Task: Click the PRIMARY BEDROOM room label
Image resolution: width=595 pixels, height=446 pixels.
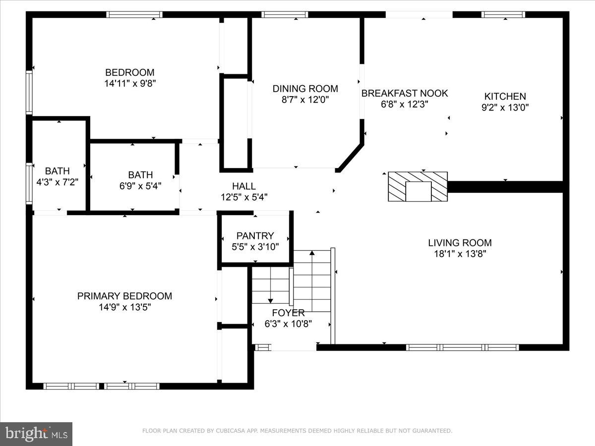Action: (x=124, y=296)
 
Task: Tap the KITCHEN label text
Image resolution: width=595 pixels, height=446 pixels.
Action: (x=505, y=97)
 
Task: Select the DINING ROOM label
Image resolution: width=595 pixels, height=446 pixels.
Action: (x=305, y=89)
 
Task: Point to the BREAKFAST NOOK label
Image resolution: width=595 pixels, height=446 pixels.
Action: (x=404, y=93)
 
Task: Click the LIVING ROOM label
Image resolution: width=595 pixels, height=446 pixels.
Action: (x=460, y=243)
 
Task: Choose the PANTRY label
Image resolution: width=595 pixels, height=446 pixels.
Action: (x=255, y=236)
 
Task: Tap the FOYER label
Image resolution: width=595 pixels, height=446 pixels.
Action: (x=288, y=313)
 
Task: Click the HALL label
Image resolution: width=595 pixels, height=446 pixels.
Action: (x=244, y=186)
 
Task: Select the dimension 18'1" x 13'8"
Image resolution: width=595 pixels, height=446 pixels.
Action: (x=460, y=254)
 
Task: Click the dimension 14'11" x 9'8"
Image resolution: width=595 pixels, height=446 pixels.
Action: (x=130, y=83)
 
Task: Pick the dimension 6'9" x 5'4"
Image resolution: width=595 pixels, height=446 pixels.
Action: (x=140, y=186)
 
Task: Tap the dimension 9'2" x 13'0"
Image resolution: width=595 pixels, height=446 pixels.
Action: (x=505, y=108)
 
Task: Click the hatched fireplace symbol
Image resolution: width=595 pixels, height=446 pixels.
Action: (x=417, y=186)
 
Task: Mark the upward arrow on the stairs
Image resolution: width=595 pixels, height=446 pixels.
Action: (x=312, y=254)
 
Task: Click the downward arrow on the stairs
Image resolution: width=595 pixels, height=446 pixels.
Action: (x=271, y=299)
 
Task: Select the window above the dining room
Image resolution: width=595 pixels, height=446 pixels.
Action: (x=285, y=14)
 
